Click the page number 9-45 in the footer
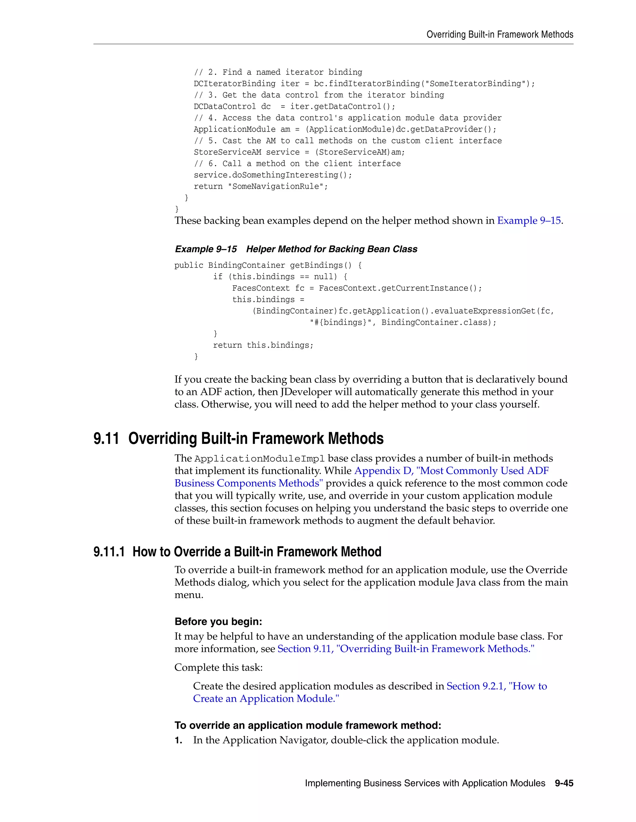coord(564,783)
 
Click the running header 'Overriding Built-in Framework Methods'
coord(500,35)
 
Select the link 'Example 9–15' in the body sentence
coord(529,221)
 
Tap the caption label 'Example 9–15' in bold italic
coord(206,249)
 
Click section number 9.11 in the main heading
coord(106,439)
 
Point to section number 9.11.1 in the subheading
coord(109,552)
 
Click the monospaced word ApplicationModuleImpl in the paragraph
coord(260,459)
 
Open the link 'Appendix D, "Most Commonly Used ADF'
coord(451,471)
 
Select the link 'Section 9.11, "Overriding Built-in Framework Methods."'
coord(406,649)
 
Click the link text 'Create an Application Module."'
coord(266,699)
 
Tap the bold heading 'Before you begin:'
coord(218,622)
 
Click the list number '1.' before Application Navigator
coord(179,741)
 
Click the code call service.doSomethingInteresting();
coord(273,175)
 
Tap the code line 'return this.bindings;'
coord(263,345)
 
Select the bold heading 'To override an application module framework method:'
coord(307,726)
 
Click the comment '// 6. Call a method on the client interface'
coord(297,164)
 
